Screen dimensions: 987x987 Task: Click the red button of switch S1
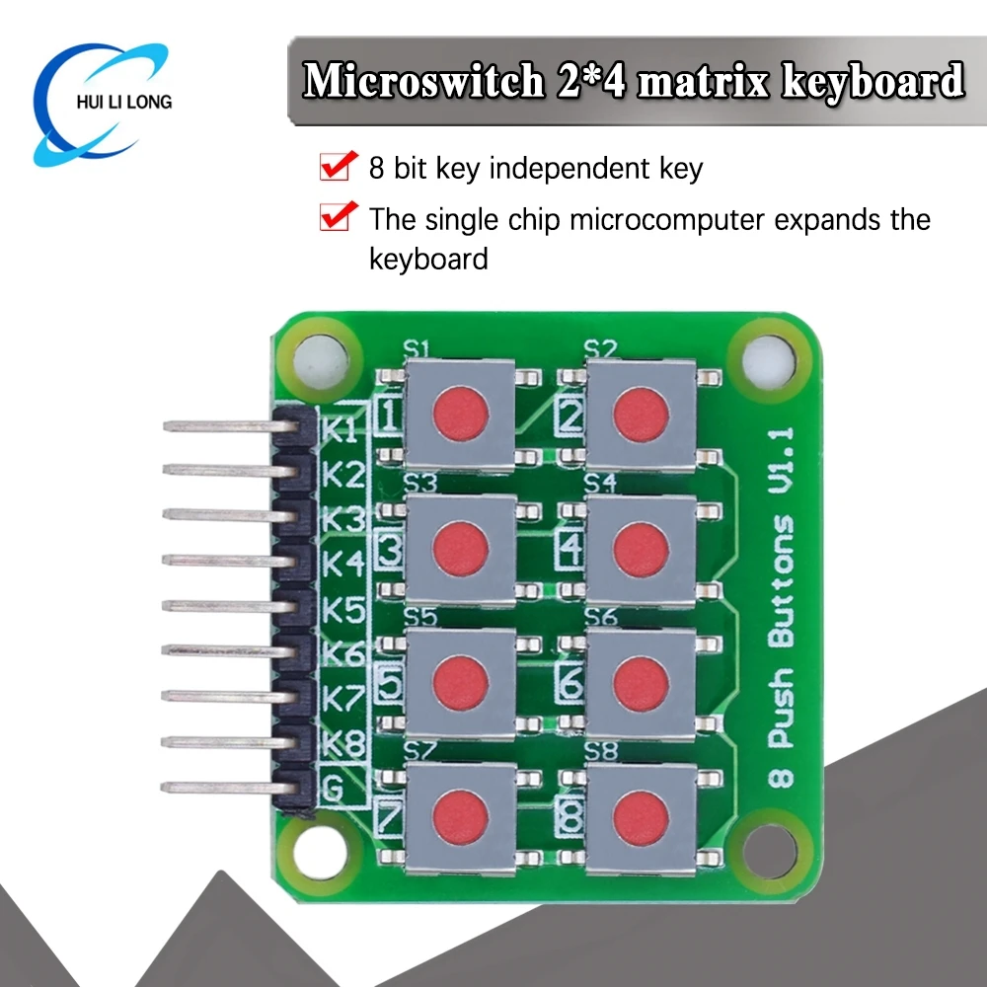461,414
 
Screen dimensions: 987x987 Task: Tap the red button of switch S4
641,549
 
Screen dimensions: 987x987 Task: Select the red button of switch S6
641,682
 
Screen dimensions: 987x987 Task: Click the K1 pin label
343,430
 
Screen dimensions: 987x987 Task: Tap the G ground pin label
337,786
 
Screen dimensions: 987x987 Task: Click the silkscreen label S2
599,348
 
